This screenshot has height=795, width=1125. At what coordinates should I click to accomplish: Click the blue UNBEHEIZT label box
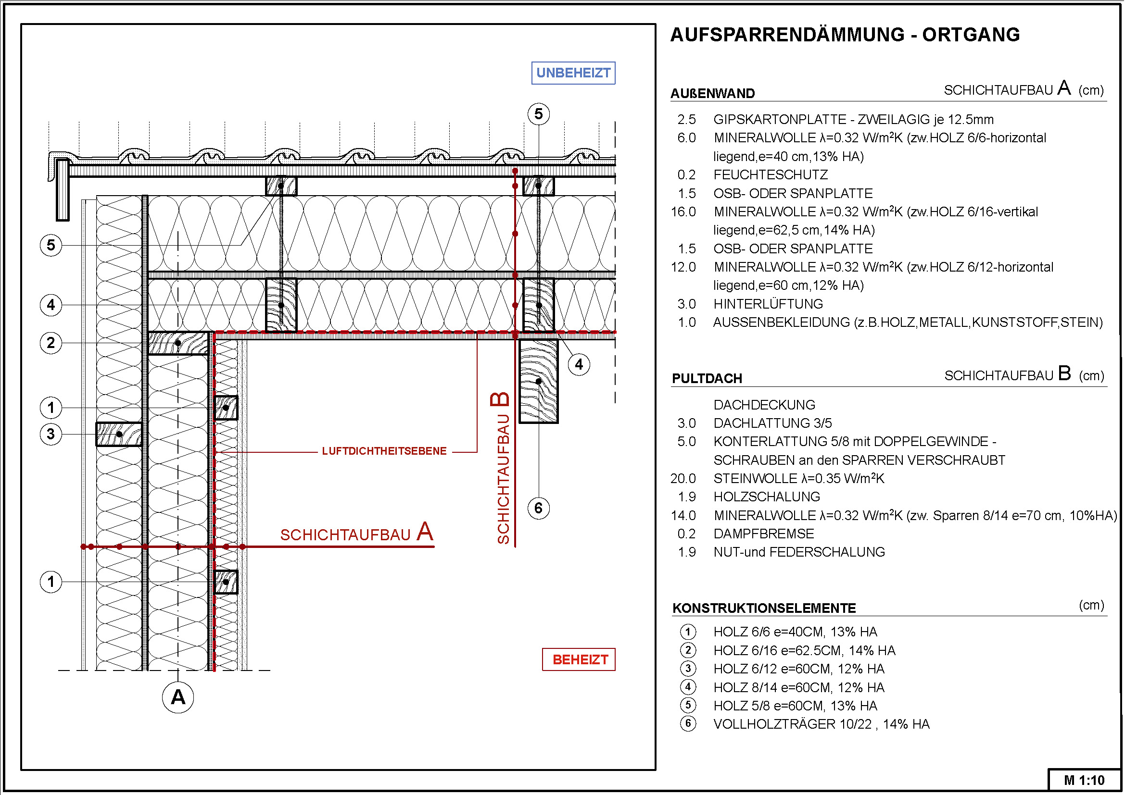[x=573, y=73]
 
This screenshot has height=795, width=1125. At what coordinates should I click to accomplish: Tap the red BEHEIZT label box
[x=579, y=659]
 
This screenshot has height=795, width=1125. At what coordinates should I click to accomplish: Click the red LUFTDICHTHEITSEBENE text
[x=384, y=451]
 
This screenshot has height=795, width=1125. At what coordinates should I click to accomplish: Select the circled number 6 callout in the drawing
[x=538, y=508]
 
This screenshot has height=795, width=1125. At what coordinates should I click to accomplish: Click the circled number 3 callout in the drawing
[x=51, y=434]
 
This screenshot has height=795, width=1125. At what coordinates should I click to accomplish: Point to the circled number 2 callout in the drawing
[x=51, y=343]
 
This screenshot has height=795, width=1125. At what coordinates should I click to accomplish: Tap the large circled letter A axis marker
[x=178, y=696]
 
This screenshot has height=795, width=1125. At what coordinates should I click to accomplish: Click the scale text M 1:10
[x=1084, y=780]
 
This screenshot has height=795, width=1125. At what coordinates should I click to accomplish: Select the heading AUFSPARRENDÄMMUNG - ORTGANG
[x=844, y=35]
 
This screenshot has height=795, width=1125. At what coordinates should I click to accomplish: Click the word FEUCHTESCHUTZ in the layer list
[x=770, y=175]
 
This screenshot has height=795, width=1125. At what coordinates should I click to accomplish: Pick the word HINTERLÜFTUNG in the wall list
[x=768, y=304]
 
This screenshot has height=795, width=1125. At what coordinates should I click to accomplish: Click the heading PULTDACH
[x=707, y=378]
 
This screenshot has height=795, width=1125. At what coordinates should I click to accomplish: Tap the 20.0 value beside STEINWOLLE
[x=683, y=478]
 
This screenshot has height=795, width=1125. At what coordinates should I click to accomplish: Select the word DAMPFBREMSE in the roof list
[x=763, y=534]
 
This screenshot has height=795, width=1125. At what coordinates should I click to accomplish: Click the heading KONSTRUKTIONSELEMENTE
[x=763, y=608]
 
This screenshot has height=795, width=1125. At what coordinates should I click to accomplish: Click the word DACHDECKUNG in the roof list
[x=764, y=405]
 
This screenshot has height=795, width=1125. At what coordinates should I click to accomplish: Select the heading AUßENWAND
[x=712, y=94]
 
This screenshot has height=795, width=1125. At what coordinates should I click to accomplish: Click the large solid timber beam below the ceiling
[x=538, y=381]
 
